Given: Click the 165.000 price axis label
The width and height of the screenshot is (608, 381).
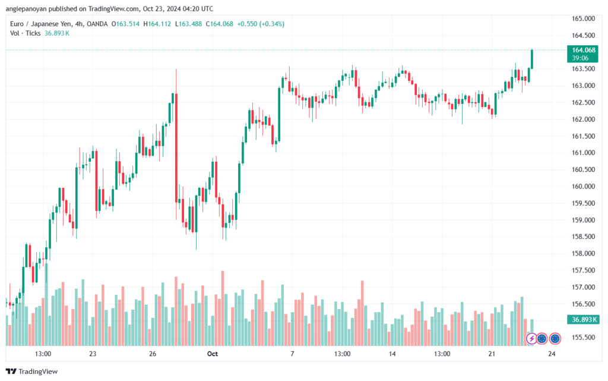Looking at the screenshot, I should point(584,18).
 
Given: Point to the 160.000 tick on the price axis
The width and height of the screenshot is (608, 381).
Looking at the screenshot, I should point(584,186).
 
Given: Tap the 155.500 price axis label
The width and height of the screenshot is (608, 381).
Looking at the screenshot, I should point(584,337).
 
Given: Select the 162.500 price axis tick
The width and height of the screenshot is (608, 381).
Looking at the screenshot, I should point(584,102).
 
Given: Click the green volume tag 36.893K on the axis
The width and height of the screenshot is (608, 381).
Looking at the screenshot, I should point(584,320).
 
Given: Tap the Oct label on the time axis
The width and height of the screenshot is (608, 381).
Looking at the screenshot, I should point(213,354).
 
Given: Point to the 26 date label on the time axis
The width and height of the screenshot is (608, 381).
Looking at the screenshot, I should point(153,354).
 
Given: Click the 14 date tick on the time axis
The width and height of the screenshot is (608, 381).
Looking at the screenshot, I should point(392,354).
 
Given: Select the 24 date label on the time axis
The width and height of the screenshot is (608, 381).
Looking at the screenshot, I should point(552,354).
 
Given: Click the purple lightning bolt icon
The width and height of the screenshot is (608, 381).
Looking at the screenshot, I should point(532,339).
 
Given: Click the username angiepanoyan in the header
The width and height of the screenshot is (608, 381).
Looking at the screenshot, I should point(31,9).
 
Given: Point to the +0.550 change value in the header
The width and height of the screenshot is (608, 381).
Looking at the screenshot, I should point(248,24).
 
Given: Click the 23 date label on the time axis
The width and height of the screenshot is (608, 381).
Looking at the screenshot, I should point(93,354).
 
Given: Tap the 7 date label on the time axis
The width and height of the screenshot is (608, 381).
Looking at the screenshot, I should point(292,354).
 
